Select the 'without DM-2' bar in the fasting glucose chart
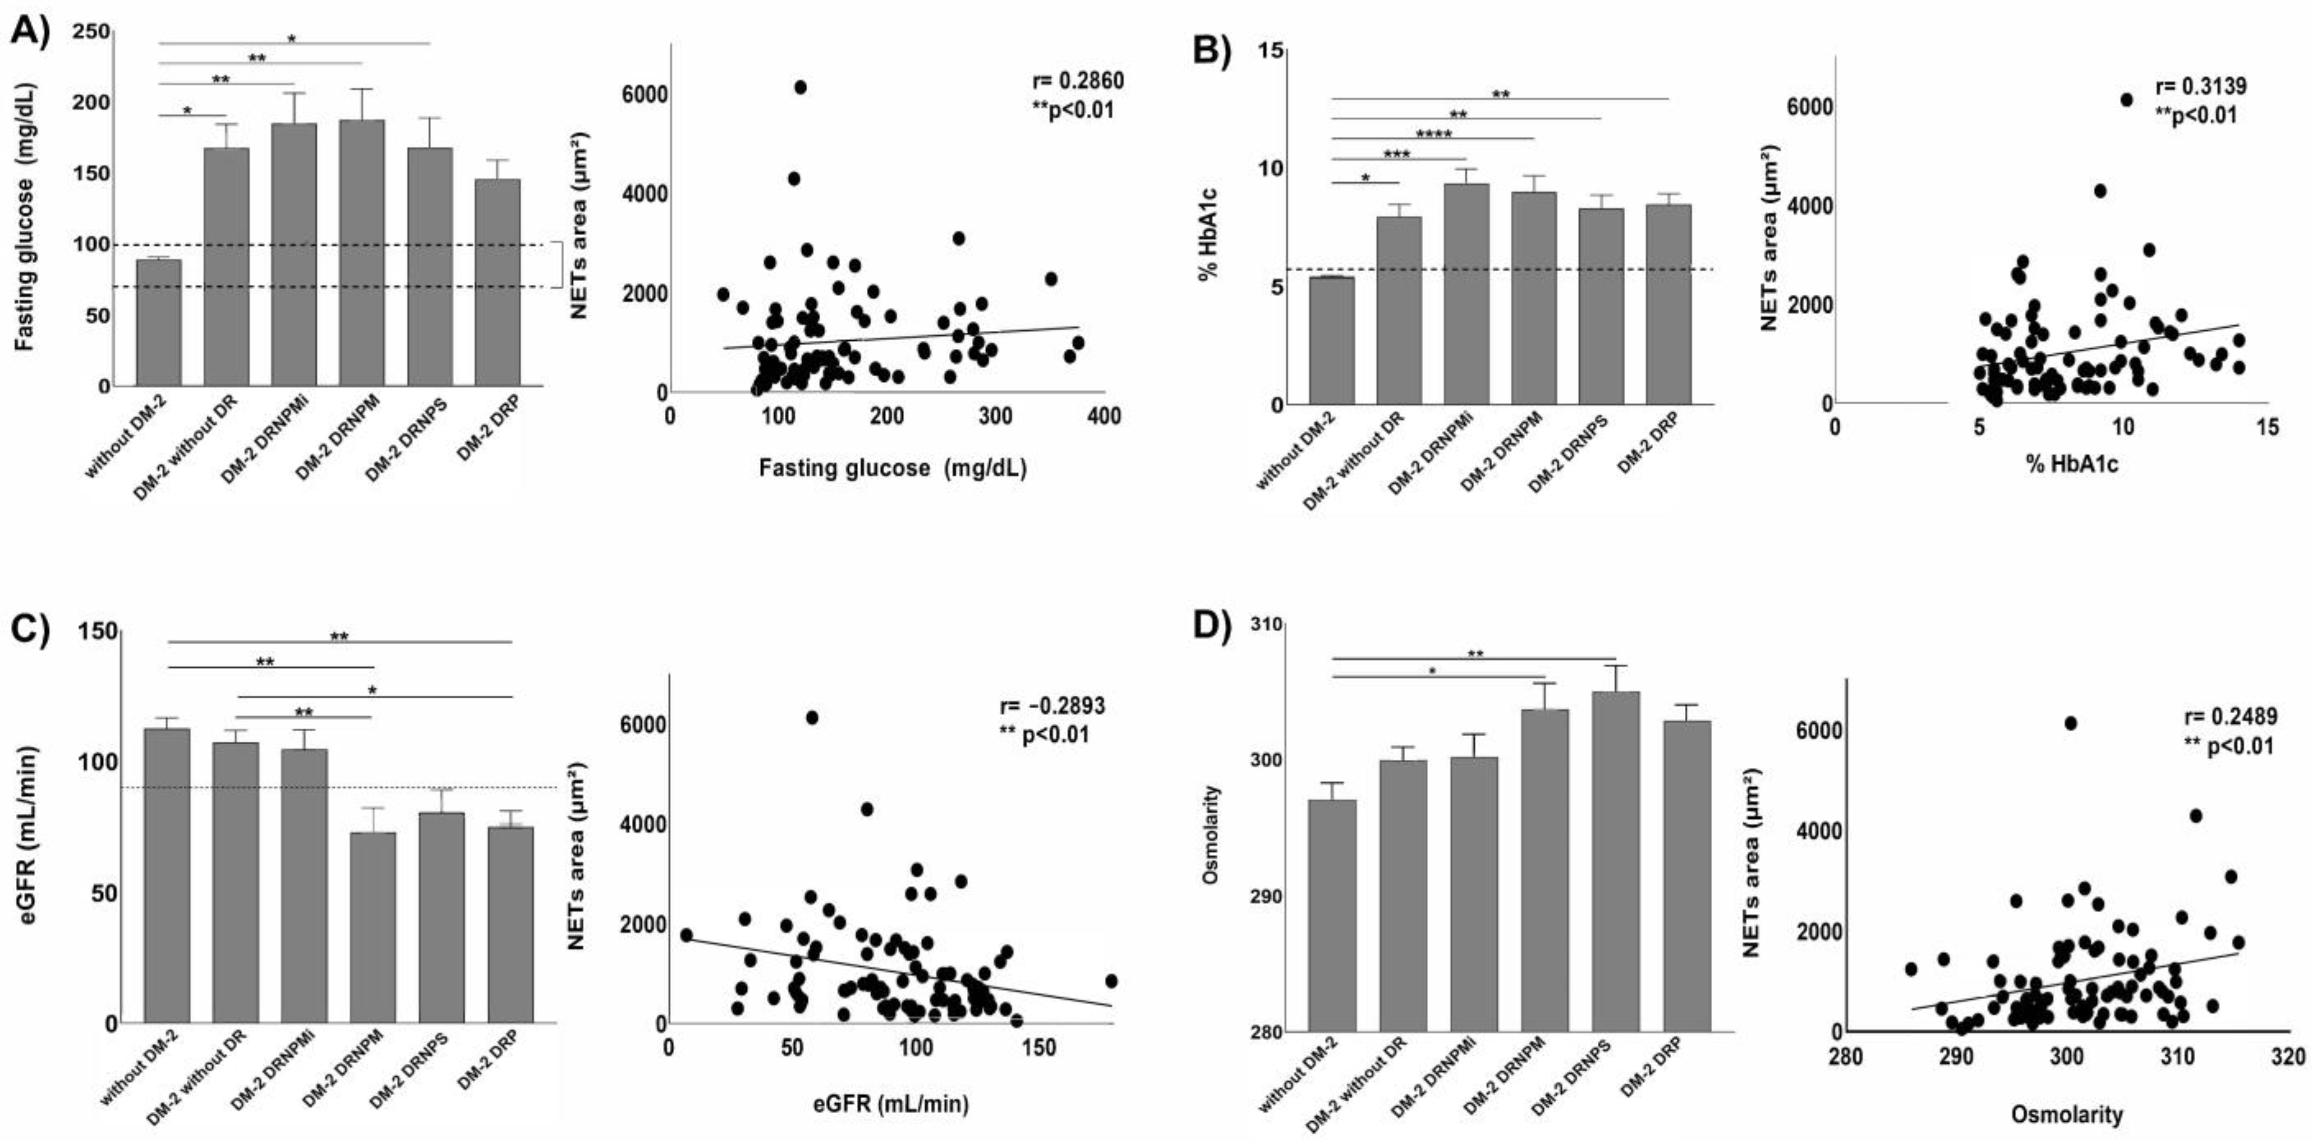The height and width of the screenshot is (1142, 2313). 159,323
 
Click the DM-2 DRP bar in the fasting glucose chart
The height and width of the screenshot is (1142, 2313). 497,283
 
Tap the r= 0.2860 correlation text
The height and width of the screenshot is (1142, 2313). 1077,81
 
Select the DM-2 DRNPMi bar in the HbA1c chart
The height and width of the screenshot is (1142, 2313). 1466,294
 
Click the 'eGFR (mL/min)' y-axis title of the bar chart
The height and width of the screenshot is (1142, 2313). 29,835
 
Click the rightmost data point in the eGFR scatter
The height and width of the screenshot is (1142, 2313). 1111,981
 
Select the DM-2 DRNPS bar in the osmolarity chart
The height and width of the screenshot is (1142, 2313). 1615,862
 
